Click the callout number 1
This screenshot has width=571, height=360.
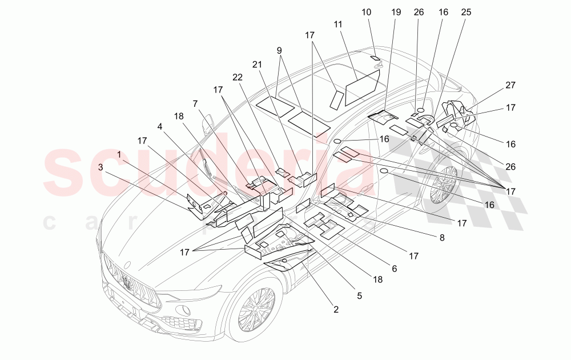pos(119,154)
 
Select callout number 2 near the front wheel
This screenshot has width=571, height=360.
pos(336,309)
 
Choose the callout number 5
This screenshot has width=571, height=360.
pos(359,295)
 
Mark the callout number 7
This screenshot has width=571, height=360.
pos(195,103)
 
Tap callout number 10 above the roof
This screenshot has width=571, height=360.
pos(366,11)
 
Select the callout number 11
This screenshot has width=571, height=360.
pos(338,25)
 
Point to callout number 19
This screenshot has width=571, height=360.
pos(396,11)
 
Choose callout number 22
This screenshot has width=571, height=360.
pos(238,76)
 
